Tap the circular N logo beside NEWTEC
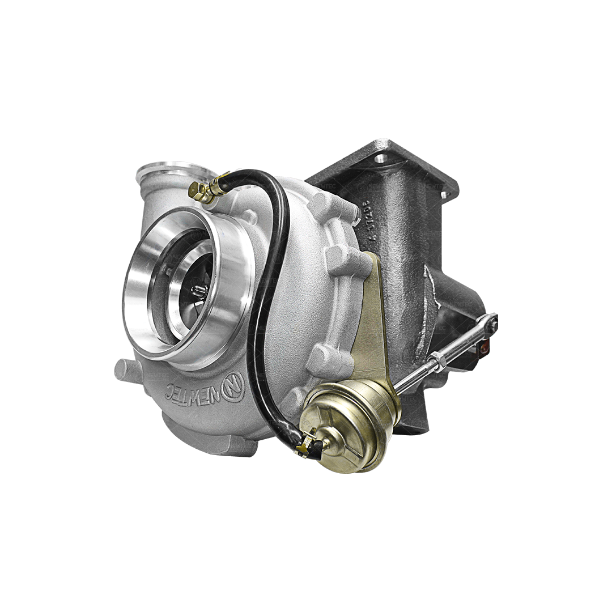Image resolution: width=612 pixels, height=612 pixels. point(233,386)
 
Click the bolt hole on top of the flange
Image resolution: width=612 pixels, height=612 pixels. point(381,158)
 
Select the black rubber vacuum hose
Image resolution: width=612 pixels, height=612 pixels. point(266,283)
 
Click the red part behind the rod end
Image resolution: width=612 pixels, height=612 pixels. point(484,349)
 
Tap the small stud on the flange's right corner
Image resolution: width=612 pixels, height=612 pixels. point(444,194)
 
